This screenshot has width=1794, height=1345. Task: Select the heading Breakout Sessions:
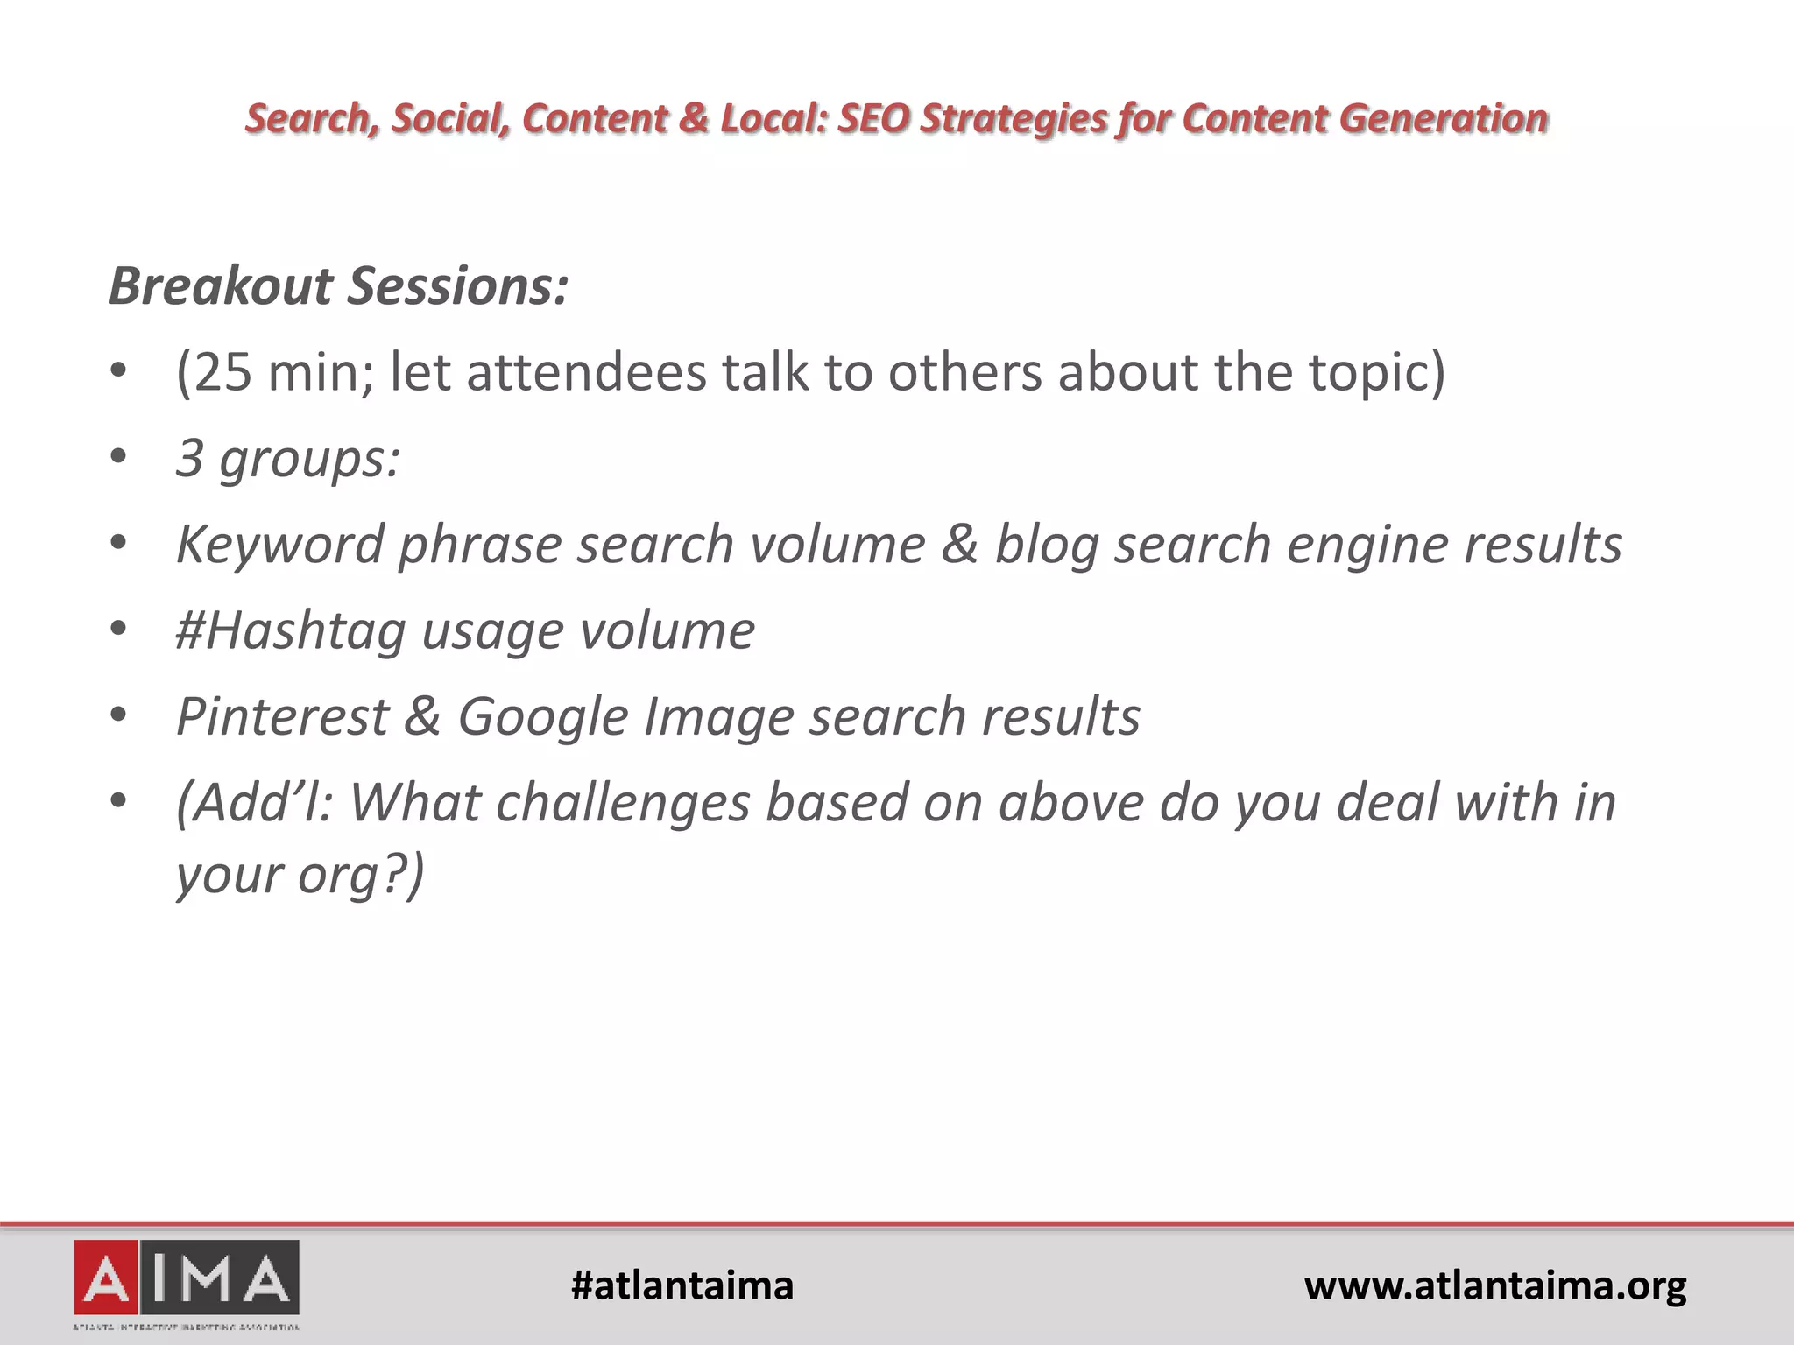pos(339,286)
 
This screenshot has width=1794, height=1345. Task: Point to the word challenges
pos(624,802)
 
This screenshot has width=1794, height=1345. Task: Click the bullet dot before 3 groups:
pos(119,457)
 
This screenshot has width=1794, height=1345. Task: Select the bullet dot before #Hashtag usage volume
pos(119,630)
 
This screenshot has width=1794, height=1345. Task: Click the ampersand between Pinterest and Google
pos(422,716)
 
